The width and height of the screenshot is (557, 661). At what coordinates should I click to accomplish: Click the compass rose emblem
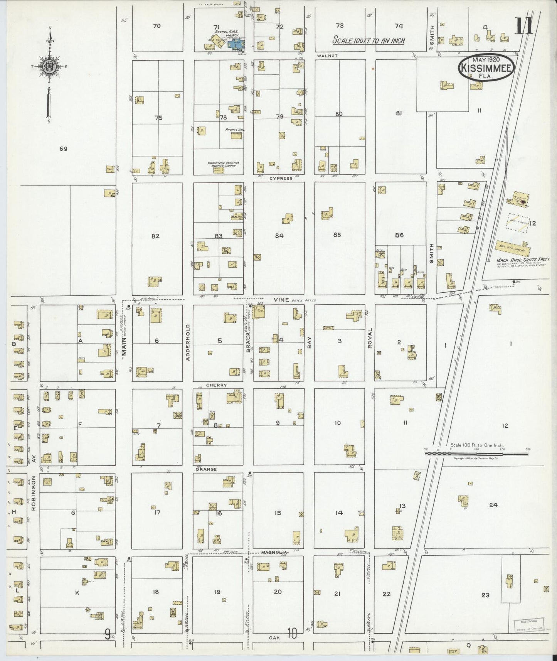click(49, 66)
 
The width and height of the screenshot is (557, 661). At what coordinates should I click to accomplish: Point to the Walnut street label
click(327, 56)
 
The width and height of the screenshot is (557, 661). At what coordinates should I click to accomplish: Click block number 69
click(63, 148)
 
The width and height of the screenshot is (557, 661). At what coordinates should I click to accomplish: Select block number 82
click(155, 236)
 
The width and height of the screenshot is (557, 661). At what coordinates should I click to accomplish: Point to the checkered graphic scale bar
click(476, 454)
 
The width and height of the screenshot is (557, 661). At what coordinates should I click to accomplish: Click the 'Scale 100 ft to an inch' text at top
click(369, 40)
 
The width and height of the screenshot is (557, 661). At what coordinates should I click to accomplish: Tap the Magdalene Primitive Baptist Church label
click(223, 164)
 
